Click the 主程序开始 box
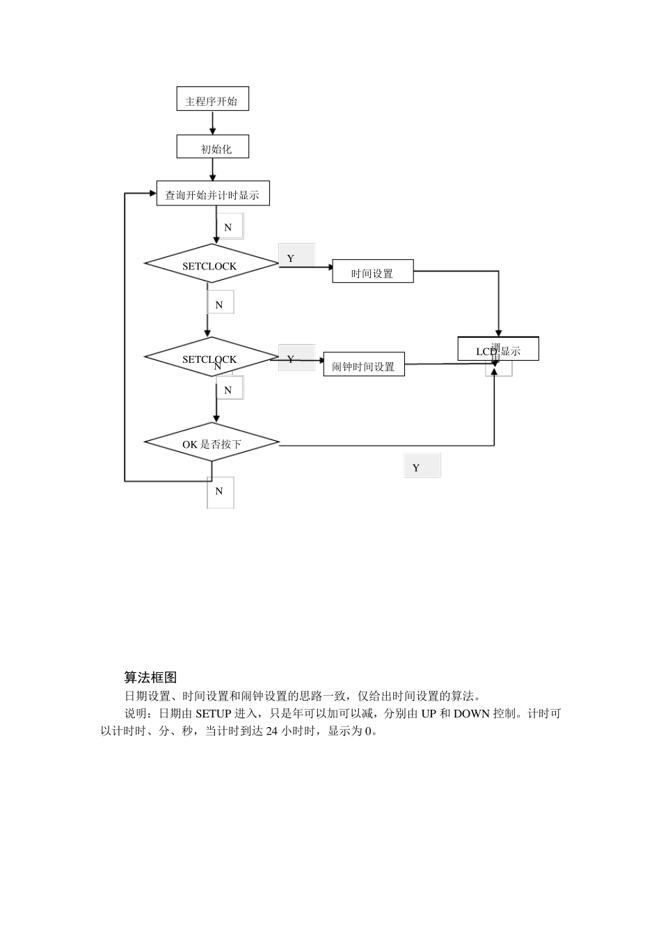(x=212, y=100)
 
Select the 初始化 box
(x=213, y=148)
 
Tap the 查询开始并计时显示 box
(x=212, y=194)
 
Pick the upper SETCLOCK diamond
(x=211, y=264)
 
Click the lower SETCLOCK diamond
(x=210, y=357)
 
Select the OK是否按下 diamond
(x=212, y=443)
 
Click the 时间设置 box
(x=372, y=272)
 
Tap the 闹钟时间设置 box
(x=363, y=366)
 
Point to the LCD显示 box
(x=498, y=350)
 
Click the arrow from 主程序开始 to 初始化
(x=213, y=123)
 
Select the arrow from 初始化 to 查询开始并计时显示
(x=212, y=169)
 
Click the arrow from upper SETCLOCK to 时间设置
(x=306, y=266)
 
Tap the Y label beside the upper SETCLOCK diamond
(x=292, y=258)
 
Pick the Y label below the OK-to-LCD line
(x=417, y=467)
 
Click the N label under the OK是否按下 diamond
(x=219, y=491)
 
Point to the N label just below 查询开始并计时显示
(x=228, y=227)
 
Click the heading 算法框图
(x=150, y=678)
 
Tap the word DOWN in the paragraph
(x=472, y=714)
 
